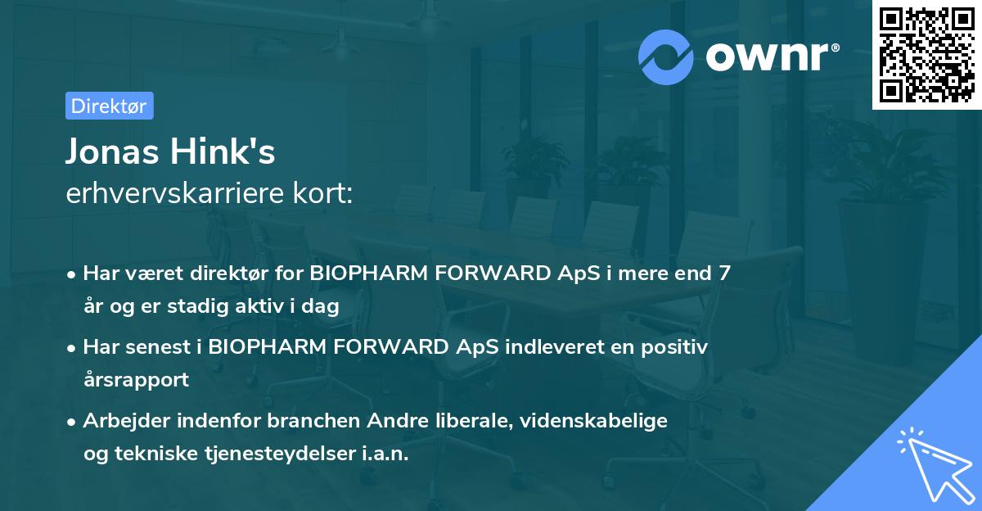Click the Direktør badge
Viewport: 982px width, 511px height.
click(x=109, y=106)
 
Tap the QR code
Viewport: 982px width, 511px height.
click(x=926, y=54)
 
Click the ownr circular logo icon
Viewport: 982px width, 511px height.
click(x=666, y=57)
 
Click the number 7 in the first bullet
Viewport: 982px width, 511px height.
click(x=723, y=274)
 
